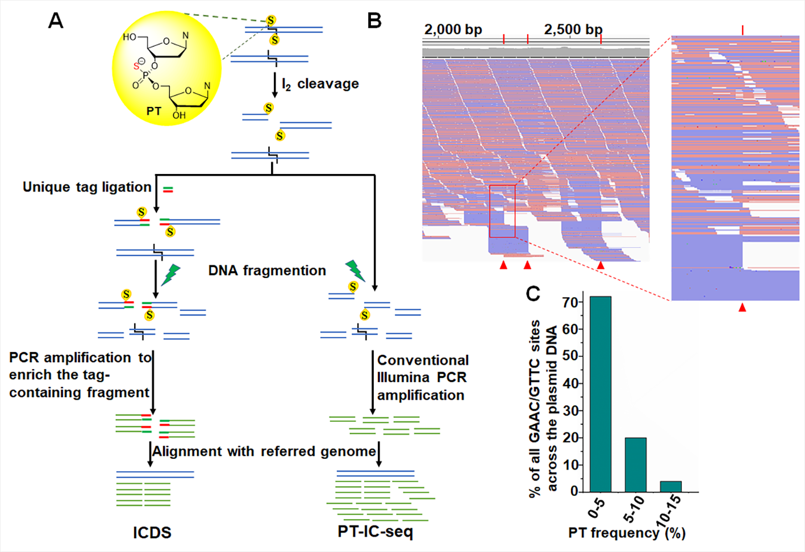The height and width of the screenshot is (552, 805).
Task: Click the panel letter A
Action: [56, 20]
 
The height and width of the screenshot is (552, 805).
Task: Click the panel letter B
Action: [374, 20]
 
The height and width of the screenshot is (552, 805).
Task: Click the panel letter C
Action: [533, 293]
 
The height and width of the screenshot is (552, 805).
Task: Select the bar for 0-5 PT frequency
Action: [600, 393]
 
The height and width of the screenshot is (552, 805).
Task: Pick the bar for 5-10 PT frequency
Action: [635, 464]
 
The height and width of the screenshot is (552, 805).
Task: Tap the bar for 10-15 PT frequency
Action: [670, 486]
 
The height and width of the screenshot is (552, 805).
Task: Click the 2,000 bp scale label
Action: [453, 30]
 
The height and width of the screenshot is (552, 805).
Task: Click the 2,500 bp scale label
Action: [573, 30]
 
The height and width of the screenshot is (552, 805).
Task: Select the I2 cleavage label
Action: [320, 84]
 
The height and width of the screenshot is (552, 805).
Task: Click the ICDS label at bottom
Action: [152, 533]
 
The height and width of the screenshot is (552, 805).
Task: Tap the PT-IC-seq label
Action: [375, 532]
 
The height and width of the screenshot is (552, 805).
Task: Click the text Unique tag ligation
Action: [87, 187]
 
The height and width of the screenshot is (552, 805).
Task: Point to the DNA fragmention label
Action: [267, 271]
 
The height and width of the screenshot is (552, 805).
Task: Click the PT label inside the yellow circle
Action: [154, 111]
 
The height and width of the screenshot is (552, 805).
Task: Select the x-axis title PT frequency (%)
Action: [627, 533]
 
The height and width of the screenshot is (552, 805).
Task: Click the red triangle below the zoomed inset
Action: [742, 308]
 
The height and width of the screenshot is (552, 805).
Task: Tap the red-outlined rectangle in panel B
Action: [502, 211]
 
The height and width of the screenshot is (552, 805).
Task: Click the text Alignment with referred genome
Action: [264, 451]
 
